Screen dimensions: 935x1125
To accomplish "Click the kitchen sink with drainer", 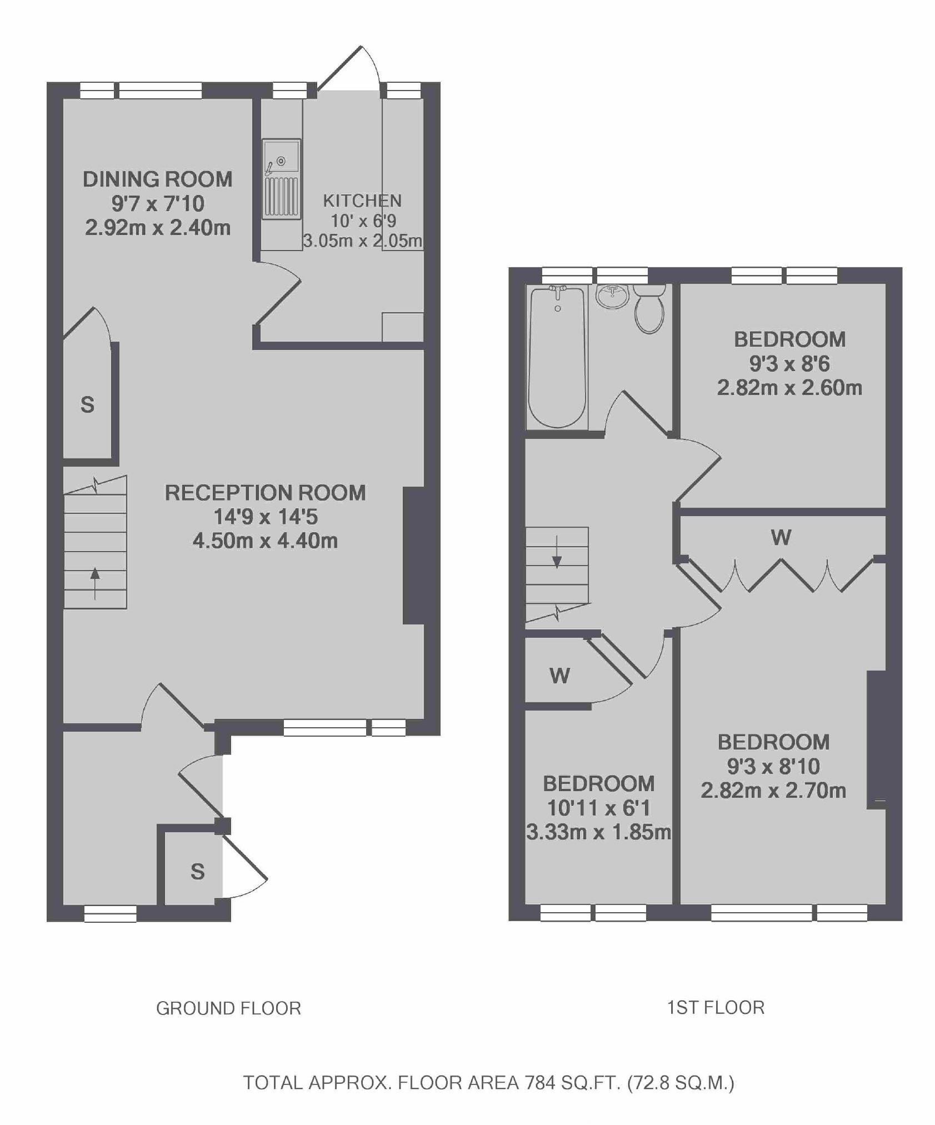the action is tap(282, 178).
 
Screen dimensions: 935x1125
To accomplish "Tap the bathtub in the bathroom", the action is tap(557, 357).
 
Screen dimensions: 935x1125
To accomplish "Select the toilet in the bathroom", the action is tap(649, 309).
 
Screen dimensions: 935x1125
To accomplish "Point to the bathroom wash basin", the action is tap(613, 296).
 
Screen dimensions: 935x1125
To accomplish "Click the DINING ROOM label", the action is tap(158, 179).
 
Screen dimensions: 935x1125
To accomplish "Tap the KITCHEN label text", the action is tap(362, 201).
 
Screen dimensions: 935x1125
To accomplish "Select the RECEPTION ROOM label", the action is tap(266, 493).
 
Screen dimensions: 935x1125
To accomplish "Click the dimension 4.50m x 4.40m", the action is tap(266, 541).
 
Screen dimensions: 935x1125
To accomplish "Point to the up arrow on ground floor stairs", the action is tap(95, 583).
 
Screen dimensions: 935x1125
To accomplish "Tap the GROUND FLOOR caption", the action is tap(228, 1008).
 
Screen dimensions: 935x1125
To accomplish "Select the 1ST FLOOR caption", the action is tap(716, 1008).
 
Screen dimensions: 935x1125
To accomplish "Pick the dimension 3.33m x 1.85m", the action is tap(598, 832).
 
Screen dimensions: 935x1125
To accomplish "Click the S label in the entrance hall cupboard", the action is tap(198, 872).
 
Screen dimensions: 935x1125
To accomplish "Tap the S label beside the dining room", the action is tap(87, 404).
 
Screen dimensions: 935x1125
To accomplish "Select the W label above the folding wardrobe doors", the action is tap(781, 537).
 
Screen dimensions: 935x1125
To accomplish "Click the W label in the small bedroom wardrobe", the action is tap(559, 676).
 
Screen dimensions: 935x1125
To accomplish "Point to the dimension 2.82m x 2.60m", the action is tap(789, 387).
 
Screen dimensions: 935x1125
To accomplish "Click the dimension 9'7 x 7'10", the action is tap(158, 203).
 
